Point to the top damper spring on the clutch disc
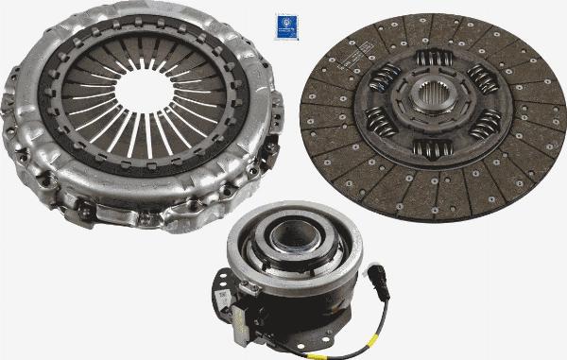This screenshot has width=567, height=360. point(435,60)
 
